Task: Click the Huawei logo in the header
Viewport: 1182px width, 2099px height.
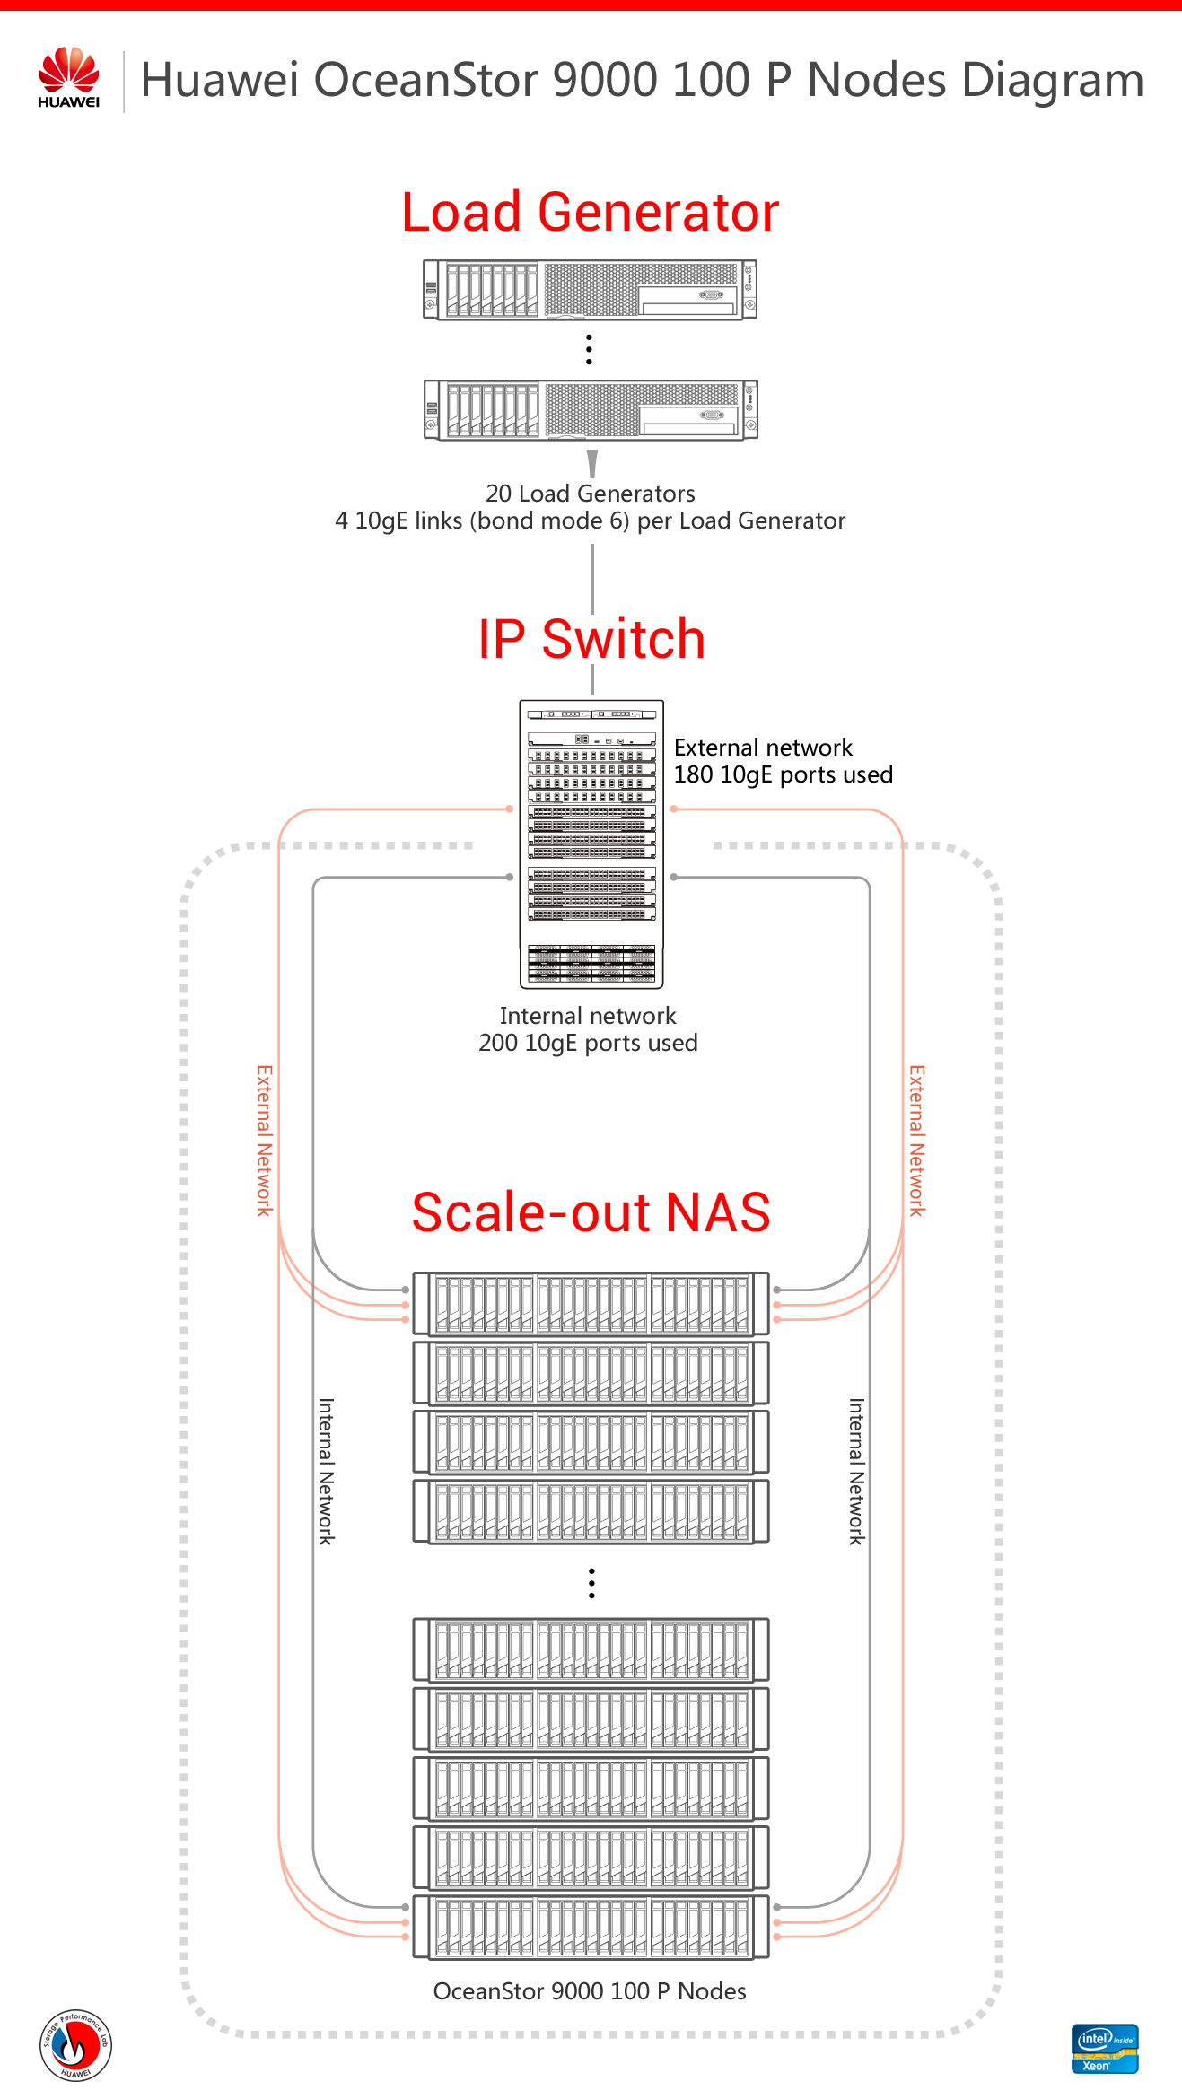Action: [x=68, y=77]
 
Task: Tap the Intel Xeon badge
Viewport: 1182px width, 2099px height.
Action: [x=1104, y=2049]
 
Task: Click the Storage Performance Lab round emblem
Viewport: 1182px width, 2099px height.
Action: [x=75, y=2045]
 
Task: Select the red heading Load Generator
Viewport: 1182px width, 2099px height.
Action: [x=590, y=213]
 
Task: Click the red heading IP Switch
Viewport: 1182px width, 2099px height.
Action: [x=591, y=639]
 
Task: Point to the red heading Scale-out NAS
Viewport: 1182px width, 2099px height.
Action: [x=591, y=1212]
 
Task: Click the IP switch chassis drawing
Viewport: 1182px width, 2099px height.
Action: [x=591, y=844]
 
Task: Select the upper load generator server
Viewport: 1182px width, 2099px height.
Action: [x=591, y=290]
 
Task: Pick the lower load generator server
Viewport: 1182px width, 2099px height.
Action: [x=591, y=409]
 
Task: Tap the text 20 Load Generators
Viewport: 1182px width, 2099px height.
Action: [x=590, y=494]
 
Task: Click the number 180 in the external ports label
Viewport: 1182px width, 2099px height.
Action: [x=693, y=774]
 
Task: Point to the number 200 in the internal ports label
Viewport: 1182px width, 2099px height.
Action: [x=498, y=1043]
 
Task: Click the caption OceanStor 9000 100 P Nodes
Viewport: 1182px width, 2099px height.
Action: [x=590, y=1991]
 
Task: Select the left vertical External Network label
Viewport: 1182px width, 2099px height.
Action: [x=265, y=1141]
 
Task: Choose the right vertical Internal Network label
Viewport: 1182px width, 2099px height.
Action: [x=856, y=1471]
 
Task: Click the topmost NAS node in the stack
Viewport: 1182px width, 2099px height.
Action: [x=591, y=1304]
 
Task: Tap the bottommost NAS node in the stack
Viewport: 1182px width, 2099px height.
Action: [x=591, y=1927]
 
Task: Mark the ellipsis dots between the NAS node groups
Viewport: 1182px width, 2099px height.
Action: [x=591, y=1583]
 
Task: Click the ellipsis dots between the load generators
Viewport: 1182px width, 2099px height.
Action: [x=589, y=349]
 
